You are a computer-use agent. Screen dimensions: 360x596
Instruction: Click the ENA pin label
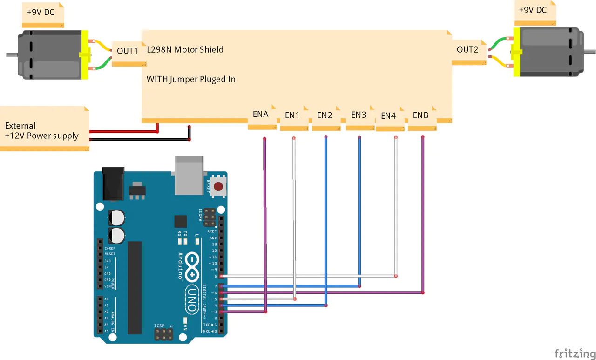[x=261, y=115]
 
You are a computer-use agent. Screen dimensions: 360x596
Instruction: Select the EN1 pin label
[x=292, y=115]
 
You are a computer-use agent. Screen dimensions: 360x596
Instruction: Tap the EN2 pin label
[x=325, y=115]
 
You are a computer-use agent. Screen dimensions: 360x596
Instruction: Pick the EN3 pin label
[x=359, y=115]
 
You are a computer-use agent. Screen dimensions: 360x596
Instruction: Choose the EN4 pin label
[x=389, y=116]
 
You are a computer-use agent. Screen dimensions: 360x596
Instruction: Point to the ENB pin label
[x=421, y=115]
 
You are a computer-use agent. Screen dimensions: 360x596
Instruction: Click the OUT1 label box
[x=127, y=51]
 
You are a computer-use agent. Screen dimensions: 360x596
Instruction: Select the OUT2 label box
[x=467, y=50]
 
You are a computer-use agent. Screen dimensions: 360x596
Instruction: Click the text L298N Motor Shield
[x=185, y=49]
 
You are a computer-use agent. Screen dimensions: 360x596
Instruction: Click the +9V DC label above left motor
[x=41, y=13]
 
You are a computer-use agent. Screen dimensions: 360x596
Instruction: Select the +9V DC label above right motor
[x=533, y=10]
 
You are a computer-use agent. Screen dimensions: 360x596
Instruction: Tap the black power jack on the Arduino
[x=114, y=184]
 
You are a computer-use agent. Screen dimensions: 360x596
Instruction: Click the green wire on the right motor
[x=500, y=43]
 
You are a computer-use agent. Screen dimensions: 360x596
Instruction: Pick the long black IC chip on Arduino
[x=135, y=287]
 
